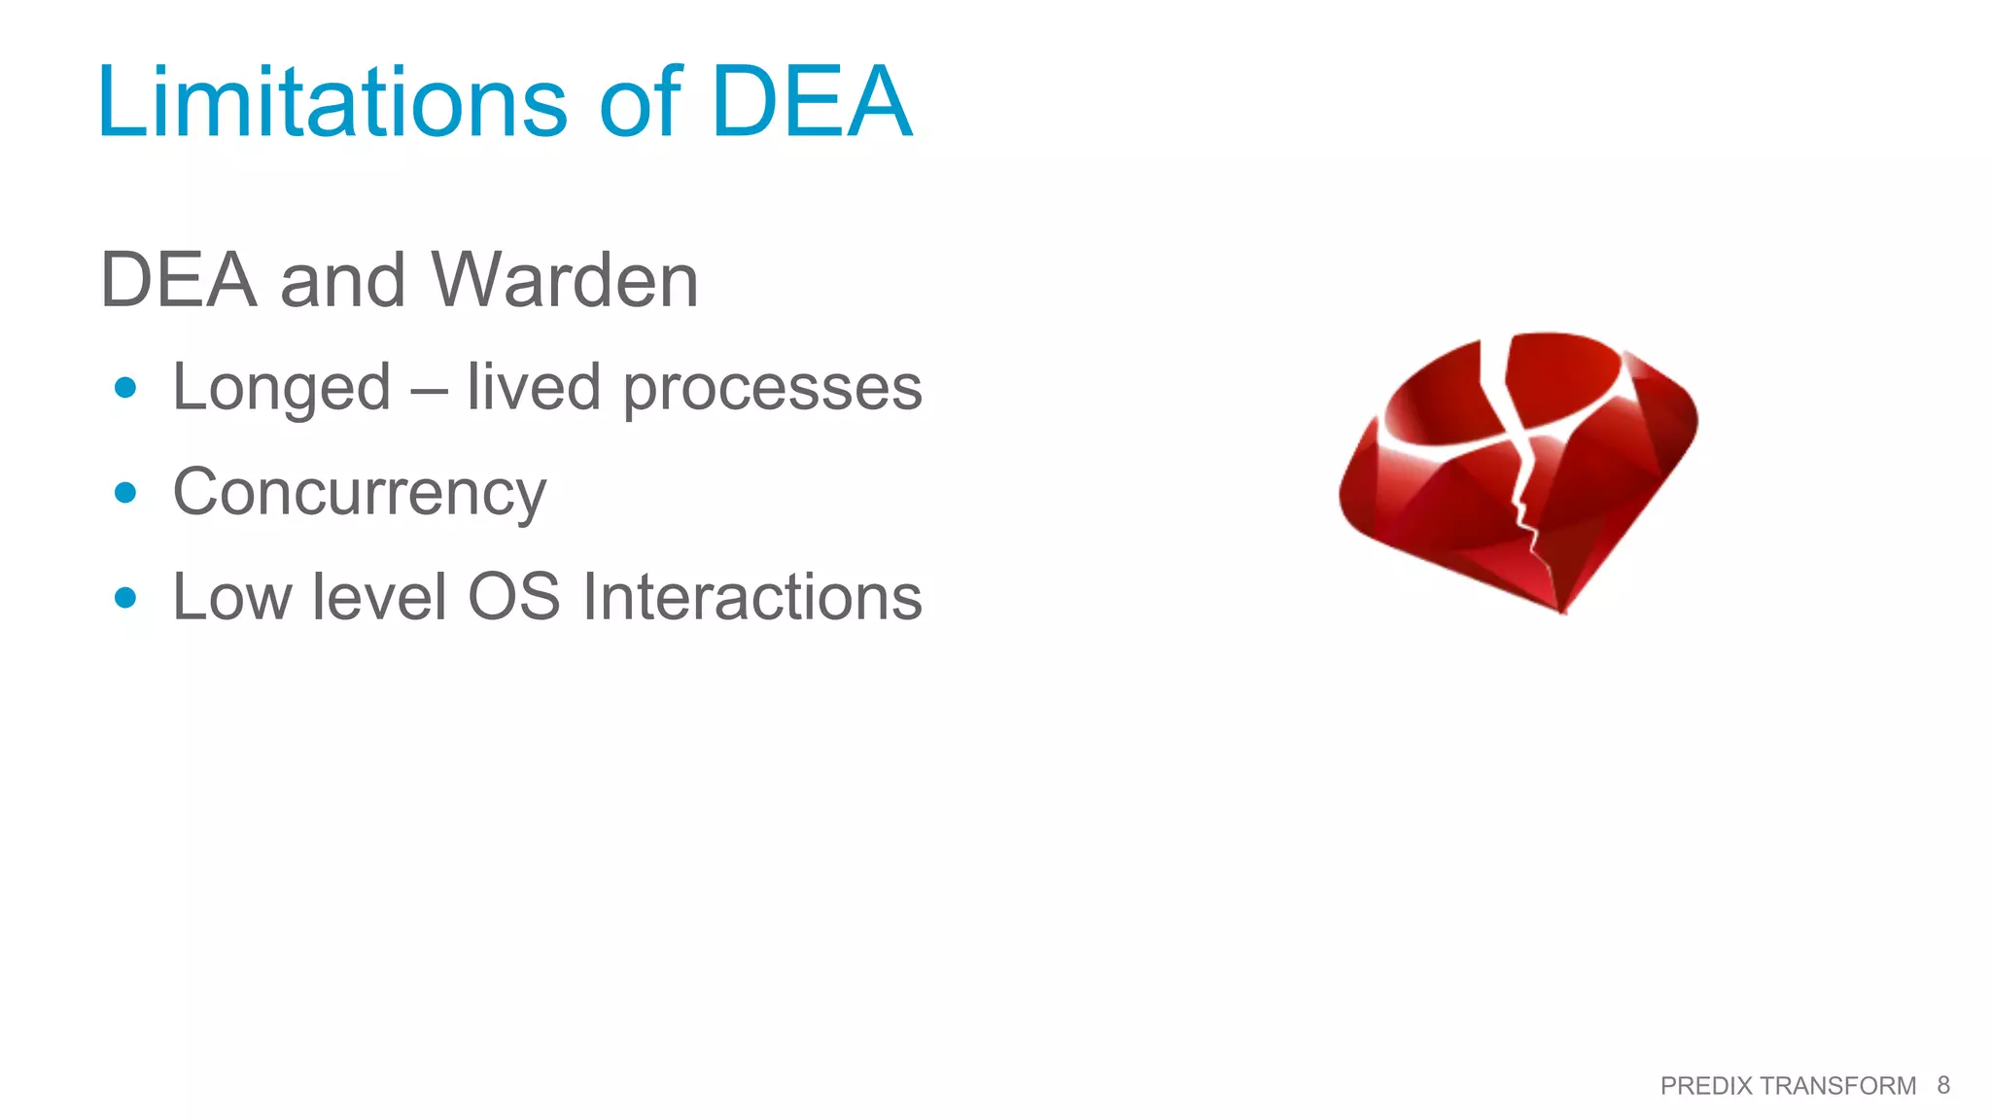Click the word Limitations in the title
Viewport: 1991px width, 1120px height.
[332, 101]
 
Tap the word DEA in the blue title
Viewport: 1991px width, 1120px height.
[812, 101]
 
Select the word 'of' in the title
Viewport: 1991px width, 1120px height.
[641, 101]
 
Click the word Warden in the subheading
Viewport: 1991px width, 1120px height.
[565, 280]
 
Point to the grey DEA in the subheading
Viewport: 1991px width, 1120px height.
[178, 280]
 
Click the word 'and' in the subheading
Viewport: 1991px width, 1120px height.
[342, 280]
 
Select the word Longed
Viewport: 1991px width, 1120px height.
[281, 388]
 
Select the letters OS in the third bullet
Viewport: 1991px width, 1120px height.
[514, 596]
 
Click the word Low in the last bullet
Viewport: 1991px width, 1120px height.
[231, 596]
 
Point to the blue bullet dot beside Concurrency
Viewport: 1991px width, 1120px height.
[125, 493]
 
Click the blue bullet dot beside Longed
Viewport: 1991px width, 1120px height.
[125, 388]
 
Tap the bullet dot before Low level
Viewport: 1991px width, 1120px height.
[125, 597]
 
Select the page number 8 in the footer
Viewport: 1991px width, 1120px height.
[1943, 1085]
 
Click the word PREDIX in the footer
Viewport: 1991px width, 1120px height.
[1706, 1086]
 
